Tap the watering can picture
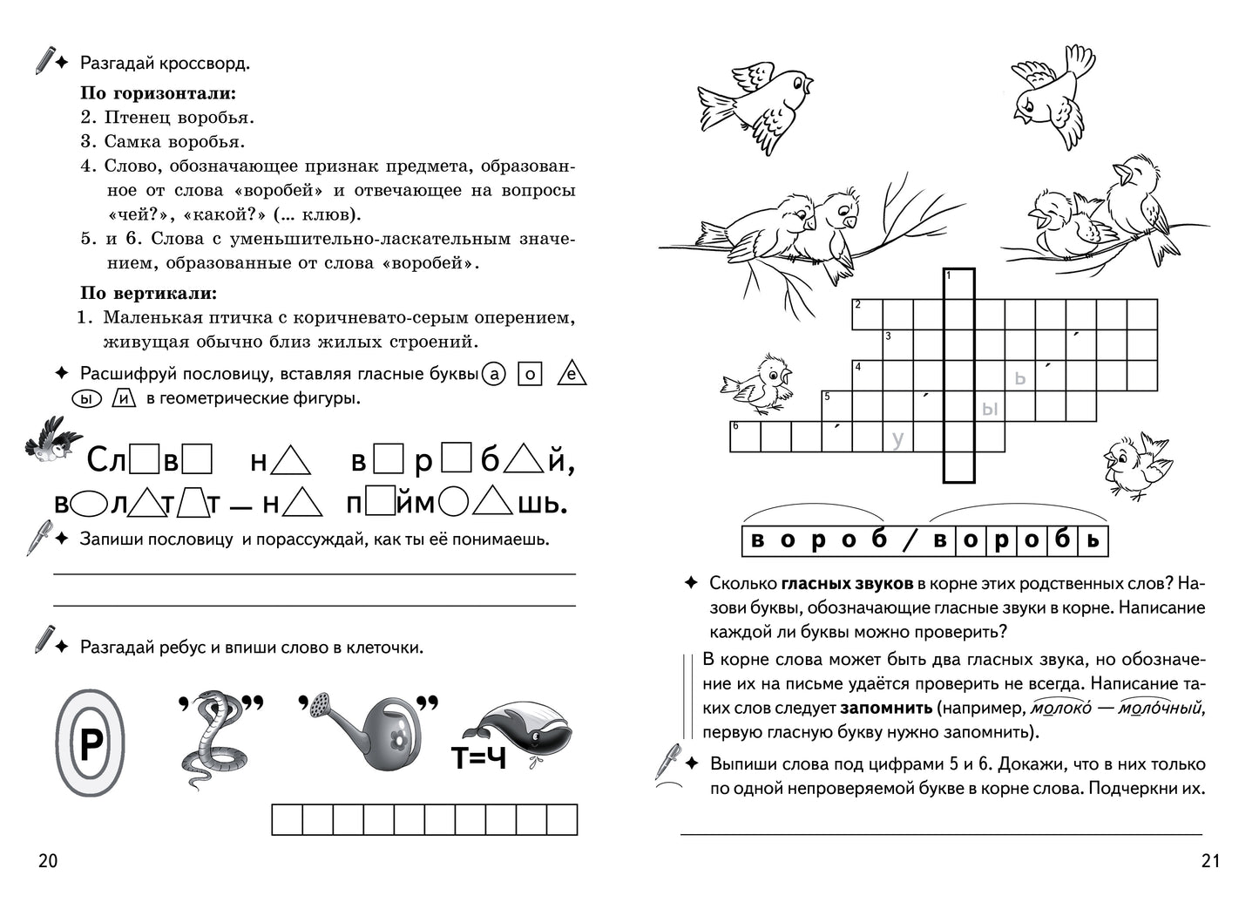(366, 733)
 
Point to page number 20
(48, 861)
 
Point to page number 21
(1210, 861)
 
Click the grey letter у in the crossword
(897, 439)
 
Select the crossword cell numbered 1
(959, 284)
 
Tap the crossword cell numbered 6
(744, 437)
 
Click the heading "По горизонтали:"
(159, 92)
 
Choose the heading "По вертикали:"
(148, 293)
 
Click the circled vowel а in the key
(494, 374)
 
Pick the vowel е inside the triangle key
(572, 375)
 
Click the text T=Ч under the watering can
(478, 759)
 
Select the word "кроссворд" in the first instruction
(204, 64)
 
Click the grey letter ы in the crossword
(989, 408)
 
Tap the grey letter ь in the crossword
(1020, 377)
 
